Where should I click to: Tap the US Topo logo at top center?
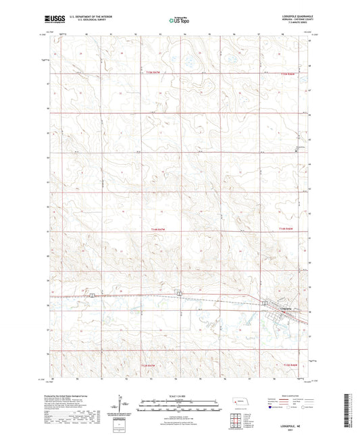[x=177, y=20]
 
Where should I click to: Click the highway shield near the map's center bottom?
[x=179, y=293]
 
